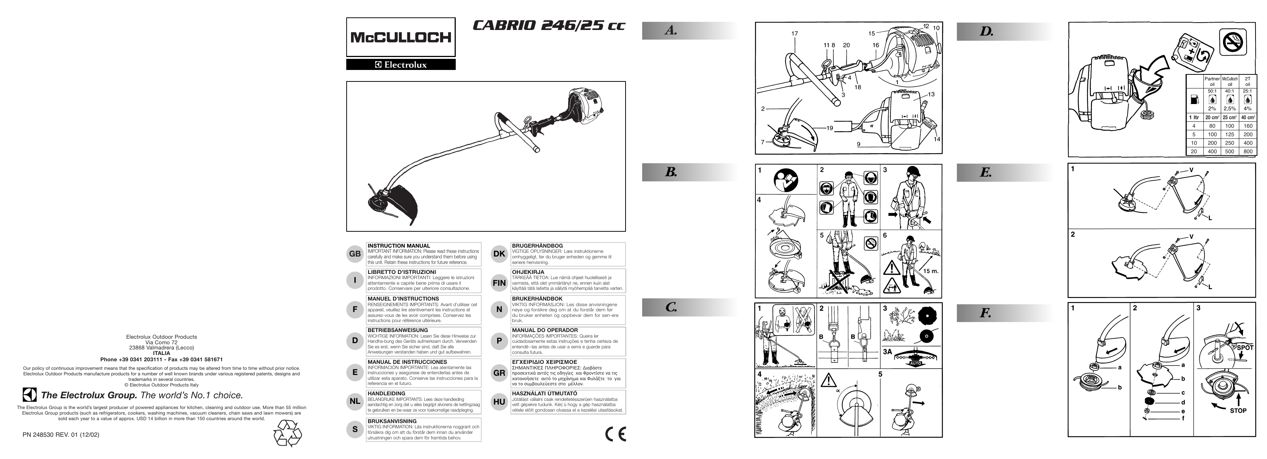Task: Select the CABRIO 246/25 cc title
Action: pyautogui.click(x=548, y=26)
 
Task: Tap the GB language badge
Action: pyautogui.click(x=355, y=254)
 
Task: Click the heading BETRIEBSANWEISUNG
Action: pyautogui.click(x=397, y=330)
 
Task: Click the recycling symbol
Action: pyautogui.click(x=287, y=433)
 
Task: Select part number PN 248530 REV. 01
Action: pyautogui.click(x=61, y=435)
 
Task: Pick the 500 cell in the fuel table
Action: pyautogui.click(x=1230, y=151)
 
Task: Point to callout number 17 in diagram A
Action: pyautogui.click(x=794, y=33)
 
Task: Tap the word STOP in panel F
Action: pyautogui.click(x=1238, y=410)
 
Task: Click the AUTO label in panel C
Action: pyautogui.click(x=915, y=363)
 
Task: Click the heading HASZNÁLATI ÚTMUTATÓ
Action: pyautogui.click(x=545, y=393)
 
